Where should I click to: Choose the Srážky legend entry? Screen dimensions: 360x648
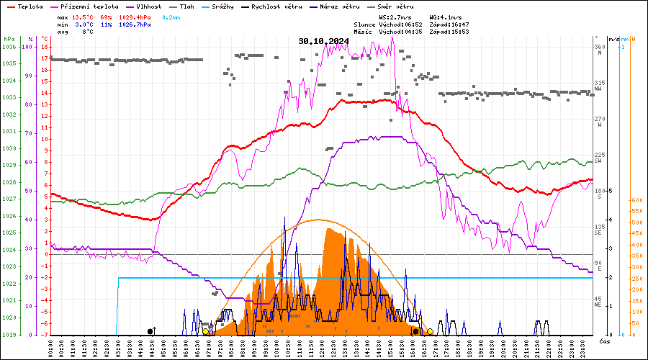(225, 6)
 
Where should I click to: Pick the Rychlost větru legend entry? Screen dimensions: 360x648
(272, 6)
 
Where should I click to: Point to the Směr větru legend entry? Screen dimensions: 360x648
(395, 6)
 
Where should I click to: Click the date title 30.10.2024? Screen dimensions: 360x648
(323, 41)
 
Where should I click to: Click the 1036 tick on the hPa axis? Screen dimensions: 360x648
(9, 47)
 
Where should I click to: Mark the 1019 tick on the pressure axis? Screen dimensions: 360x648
(9, 335)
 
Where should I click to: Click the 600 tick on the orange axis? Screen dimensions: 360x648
(636, 201)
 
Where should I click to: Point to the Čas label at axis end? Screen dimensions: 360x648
(605, 341)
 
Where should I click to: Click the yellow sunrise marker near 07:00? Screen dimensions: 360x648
(206, 331)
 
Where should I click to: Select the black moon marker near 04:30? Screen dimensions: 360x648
(150, 331)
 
